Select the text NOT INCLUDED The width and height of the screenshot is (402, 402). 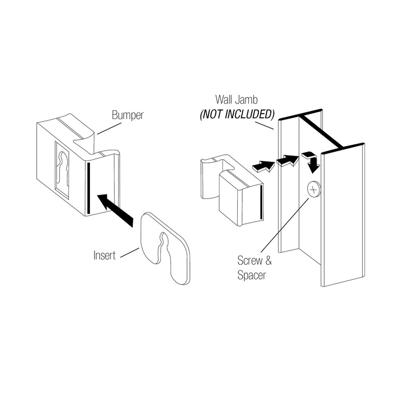click(x=238, y=113)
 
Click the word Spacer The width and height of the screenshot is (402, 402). click(x=252, y=275)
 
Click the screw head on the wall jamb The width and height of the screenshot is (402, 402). click(x=313, y=189)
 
